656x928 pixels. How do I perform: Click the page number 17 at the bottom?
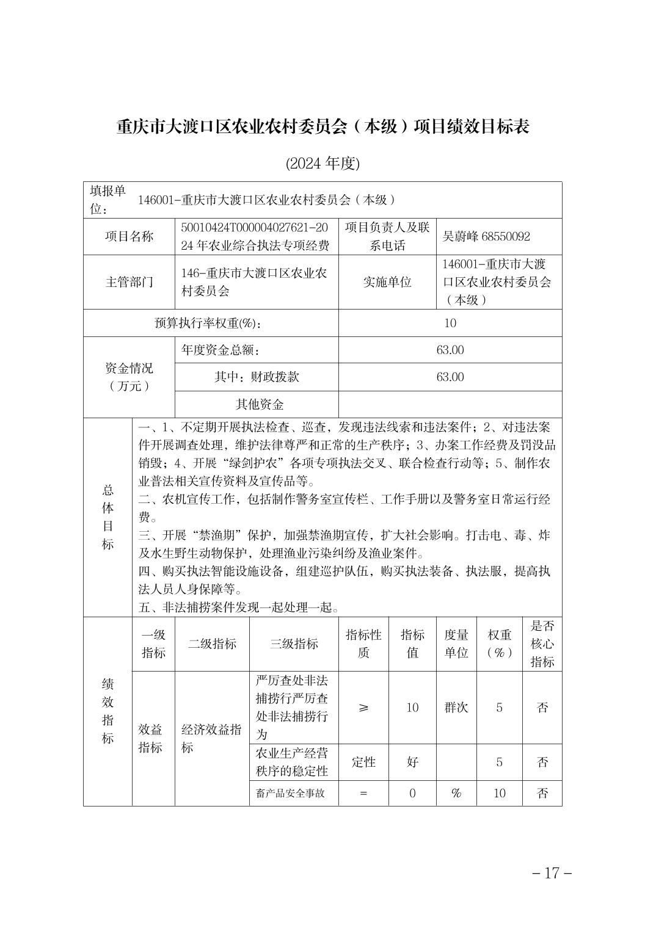[x=551, y=872]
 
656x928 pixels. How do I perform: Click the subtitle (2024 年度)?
[x=323, y=163]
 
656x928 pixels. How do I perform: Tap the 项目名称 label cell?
[x=129, y=236]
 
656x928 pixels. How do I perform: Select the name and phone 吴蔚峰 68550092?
[x=486, y=236]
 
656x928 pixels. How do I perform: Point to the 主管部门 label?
[x=129, y=282]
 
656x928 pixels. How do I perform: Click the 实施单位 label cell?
[x=387, y=282]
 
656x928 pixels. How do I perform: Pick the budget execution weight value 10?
[x=450, y=323]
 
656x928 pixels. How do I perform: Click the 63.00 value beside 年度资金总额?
[x=450, y=350]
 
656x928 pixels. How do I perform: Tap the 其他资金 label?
[x=260, y=404]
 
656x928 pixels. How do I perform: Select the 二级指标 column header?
[x=212, y=644]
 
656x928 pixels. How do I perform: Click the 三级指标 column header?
[x=294, y=644]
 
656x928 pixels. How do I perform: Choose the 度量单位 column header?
[x=456, y=644]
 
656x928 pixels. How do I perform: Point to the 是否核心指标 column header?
[x=542, y=644]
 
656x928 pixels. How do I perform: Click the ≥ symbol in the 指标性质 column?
[x=363, y=708]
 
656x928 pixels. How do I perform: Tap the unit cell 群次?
[x=456, y=708]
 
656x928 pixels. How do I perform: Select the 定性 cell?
[x=363, y=762]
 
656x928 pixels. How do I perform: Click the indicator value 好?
[x=412, y=762]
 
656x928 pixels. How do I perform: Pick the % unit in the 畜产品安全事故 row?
[x=456, y=793]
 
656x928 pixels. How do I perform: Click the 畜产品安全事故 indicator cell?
[x=290, y=794]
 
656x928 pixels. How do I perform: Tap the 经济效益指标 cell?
[x=211, y=738]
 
